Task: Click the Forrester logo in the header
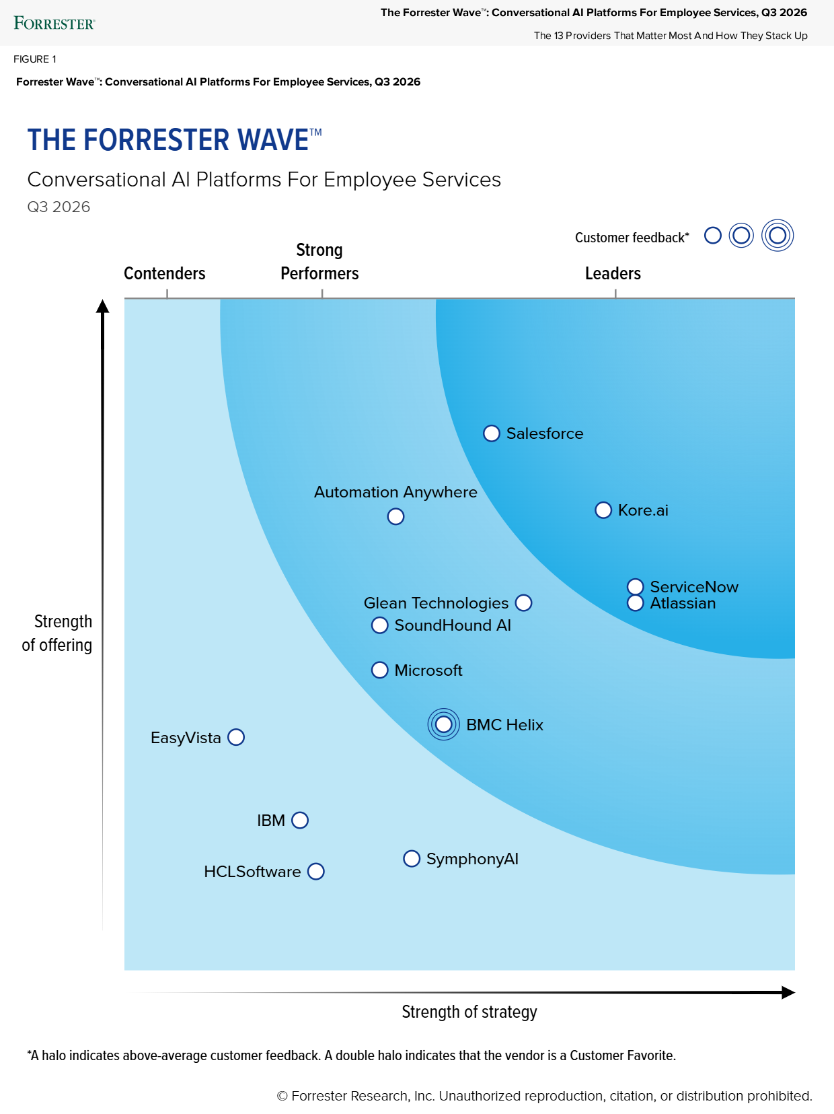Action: pyautogui.click(x=54, y=23)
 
